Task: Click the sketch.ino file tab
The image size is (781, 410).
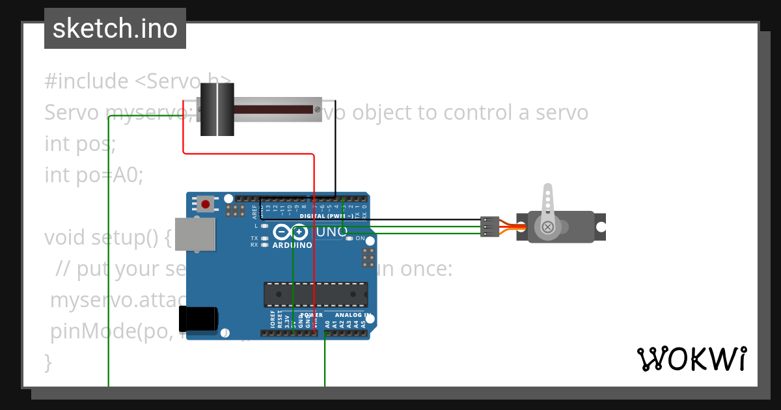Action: [115, 29]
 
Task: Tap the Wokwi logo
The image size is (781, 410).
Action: [691, 359]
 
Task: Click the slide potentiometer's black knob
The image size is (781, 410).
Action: [217, 109]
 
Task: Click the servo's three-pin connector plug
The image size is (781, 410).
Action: [489, 226]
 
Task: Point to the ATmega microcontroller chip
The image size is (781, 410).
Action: [315, 295]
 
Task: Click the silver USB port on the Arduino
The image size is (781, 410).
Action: [196, 234]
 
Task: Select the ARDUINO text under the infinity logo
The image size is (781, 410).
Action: [292, 245]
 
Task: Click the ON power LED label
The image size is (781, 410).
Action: [360, 239]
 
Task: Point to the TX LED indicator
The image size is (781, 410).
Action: [264, 239]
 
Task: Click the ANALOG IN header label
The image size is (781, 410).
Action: [357, 315]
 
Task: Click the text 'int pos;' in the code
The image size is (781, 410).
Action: [80, 144]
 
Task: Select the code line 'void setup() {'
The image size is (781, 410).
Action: [107, 238]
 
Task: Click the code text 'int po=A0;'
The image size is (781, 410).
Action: [94, 175]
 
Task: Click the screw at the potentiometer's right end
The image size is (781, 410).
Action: [317, 109]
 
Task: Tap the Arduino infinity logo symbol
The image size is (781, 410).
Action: [290, 232]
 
